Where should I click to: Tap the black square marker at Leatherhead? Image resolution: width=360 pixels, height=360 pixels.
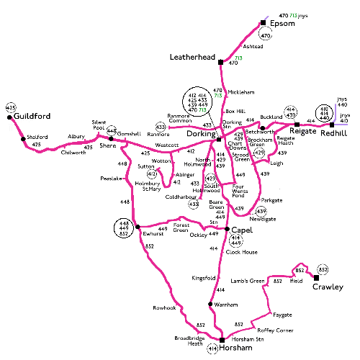(220, 64)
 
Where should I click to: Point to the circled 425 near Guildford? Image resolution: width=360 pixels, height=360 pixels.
(10, 107)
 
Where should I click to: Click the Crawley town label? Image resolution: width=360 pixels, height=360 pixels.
(328, 287)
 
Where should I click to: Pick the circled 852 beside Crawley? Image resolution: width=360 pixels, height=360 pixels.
(323, 269)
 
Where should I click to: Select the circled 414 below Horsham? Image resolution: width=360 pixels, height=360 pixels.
(212, 349)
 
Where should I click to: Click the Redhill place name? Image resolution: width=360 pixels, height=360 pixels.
(335, 133)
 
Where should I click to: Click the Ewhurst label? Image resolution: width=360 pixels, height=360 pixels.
(153, 234)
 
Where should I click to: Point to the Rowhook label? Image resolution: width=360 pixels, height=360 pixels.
(164, 307)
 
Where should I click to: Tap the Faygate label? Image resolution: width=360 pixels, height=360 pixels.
(283, 315)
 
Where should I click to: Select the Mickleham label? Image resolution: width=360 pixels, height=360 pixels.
(240, 92)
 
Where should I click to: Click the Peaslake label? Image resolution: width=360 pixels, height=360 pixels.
(111, 178)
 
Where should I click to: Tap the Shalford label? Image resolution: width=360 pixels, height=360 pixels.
(37, 137)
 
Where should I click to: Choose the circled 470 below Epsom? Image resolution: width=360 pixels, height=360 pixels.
(266, 35)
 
